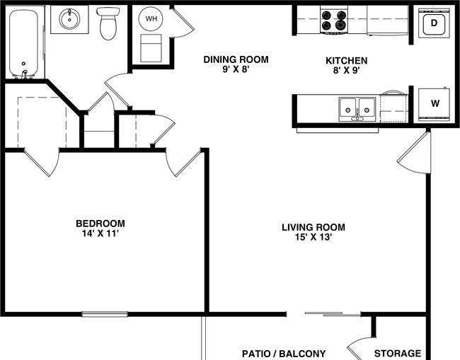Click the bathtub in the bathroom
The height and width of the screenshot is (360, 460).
(x=23, y=44)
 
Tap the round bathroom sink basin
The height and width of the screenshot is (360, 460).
(x=69, y=19)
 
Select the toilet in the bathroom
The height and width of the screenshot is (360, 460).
(x=108, y=23)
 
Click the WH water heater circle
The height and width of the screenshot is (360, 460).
(x=151, y=19)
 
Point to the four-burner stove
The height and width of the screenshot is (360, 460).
(x=334, y=21)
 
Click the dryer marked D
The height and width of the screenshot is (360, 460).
(x=434, y=23)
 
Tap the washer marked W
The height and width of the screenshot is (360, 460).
(x=435, y=104)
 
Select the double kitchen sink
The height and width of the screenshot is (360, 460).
(x=357, y=110)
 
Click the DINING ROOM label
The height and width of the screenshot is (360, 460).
(x=236, y=59)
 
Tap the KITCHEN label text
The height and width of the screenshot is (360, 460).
(x=347, y=61)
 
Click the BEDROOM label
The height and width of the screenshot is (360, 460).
(x=100, y=223)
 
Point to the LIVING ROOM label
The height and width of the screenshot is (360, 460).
(x=314, y=227)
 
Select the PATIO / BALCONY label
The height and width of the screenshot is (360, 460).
(x=284, y=354)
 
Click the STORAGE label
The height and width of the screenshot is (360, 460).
(x=398, y=353)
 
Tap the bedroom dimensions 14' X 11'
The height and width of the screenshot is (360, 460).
(x=100, y=233)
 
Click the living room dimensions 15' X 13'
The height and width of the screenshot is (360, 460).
(x=314, y=237)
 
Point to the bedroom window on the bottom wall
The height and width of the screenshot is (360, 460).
(x=105, y=314)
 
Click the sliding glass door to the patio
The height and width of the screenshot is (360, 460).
(x=333, y=314)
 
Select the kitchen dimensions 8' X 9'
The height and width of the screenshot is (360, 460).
(x=347, y=70)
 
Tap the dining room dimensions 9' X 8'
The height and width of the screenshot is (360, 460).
(x=236, y=69)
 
